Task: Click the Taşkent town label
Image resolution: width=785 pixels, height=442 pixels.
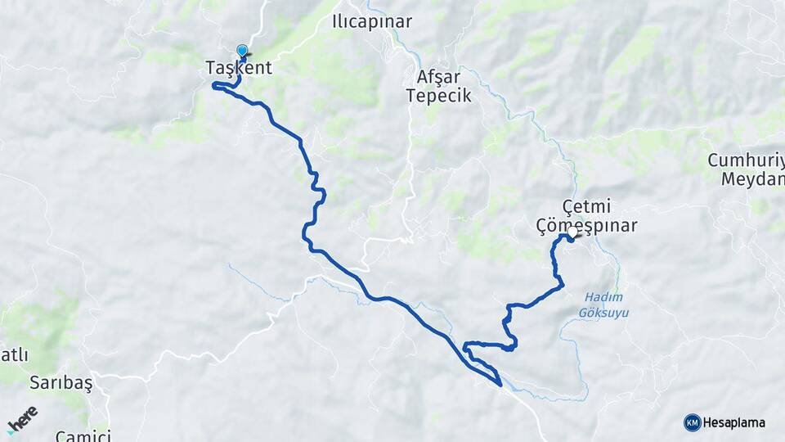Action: [239, 69]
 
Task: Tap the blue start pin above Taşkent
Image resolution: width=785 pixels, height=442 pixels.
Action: [242, 51]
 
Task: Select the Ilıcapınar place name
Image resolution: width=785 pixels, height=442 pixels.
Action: [372, 22]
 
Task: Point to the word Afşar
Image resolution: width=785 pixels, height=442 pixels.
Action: [439, 77]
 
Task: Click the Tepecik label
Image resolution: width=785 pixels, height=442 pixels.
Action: [439, 96]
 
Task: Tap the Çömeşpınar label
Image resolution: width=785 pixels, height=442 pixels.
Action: [586, 225]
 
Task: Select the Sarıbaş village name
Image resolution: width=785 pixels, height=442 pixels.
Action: [61, 382]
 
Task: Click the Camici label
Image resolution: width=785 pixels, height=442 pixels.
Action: [83, 435]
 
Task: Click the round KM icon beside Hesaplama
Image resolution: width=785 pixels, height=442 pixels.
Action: [693, 422]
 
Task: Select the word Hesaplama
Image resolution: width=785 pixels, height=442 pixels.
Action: [734, 423]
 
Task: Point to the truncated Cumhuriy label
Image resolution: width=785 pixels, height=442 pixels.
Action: [746, 160]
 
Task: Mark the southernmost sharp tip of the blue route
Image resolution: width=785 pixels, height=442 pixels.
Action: [500, 385]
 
